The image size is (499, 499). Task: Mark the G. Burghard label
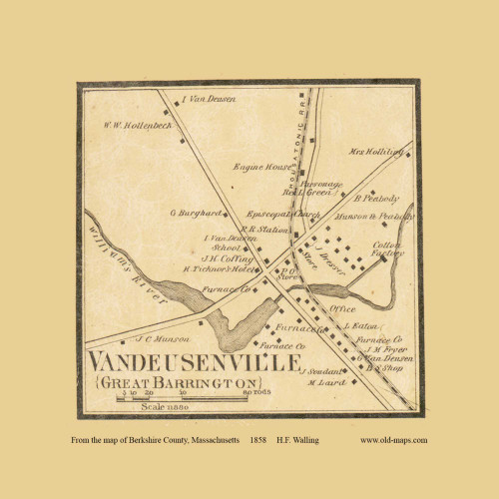(x=193, y=213)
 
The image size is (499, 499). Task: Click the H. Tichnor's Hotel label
(x=214, y=269)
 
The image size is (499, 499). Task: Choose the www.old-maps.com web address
(x=393, y=440)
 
